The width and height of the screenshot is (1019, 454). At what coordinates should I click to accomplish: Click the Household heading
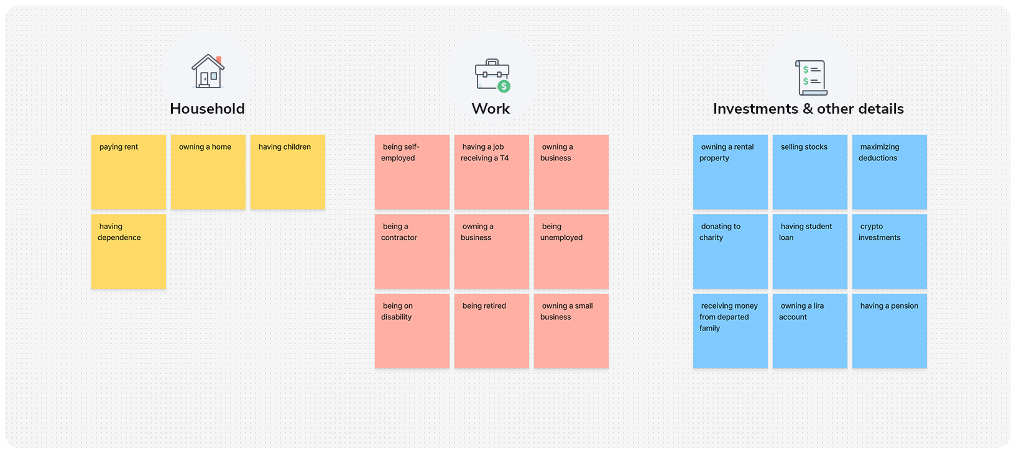pyautogui.click(x=207, y=109)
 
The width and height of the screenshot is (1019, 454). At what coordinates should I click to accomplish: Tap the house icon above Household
pyautogui.click(x=208, y=71)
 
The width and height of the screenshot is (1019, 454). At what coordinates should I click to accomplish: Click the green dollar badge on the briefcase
pyautogui.click(x=504, y=86)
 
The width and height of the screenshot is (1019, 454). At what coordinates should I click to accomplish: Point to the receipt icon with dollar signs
pyautogui.click(x=811, y=78)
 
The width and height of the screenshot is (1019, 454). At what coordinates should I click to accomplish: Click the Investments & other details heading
pyautogui.click(x=808, y=109)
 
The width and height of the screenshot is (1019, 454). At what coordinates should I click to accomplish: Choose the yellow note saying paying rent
pyautogui.click(x=129, y=172)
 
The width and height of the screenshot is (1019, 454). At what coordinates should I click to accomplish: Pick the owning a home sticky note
pyautogui.click(x=208, y=172)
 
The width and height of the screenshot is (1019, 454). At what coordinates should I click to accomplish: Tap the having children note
pyautogui.click(x=288, y=172)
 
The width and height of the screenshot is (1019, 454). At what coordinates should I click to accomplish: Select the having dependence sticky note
pyautogui.click(x=129, y=252)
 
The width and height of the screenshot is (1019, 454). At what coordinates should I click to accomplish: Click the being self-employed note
pyautogui.click(x=412, y=172)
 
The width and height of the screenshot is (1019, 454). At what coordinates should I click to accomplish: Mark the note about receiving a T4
pyautogui.click(x=492, y=172)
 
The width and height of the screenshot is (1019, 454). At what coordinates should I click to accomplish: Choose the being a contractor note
pyautogui.click(x=412, y=252)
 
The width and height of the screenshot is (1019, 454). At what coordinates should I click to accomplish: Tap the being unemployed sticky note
pyautogui.click(x=571, y=252)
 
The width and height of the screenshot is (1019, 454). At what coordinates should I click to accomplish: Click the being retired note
pyautogui.click(x=492, y=331)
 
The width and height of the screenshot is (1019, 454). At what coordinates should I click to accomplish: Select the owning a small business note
pyautogui.click(x=571, y=331)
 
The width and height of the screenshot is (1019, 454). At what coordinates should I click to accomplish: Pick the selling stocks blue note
pyautogui.click(x=810, y=172)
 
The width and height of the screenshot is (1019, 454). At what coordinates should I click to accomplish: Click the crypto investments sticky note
pyautogui.click(x=890, y=252)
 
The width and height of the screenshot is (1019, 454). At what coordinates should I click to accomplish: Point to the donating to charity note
pyautogui.click(x=731, y=252)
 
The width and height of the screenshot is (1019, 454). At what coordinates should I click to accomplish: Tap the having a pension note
pyautogui.click(x=890, y=331)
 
